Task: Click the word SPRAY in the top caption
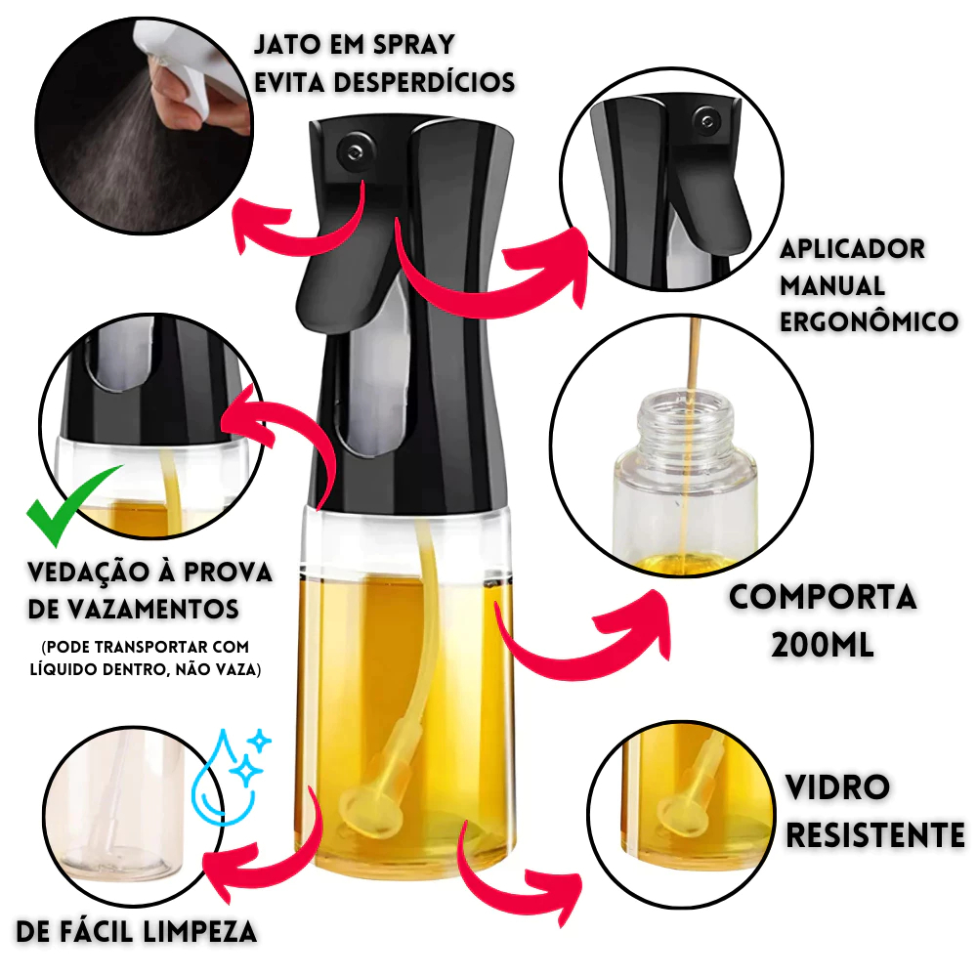tap(413, 44)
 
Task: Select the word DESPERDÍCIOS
tap(424, 82)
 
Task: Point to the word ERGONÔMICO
tap(869, 321)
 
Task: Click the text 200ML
tap(823, 644)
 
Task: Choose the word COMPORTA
tap(823, 596)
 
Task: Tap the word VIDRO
tap(837, 786)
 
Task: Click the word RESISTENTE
tap(874, 835)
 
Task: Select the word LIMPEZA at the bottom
tap(199, 931)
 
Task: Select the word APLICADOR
tap(852, 248)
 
